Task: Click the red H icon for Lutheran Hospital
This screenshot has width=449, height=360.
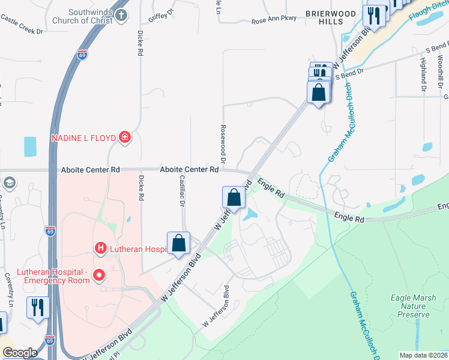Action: click(x=101, y=248)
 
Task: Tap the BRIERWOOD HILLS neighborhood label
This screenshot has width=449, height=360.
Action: click(x=325, y=17)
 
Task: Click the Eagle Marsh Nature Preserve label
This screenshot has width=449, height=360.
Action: click(x=410, y=305)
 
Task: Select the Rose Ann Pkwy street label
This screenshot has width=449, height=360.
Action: click(x=274, y=19)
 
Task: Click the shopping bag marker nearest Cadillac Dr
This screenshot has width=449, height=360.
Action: click(x=179, y=244)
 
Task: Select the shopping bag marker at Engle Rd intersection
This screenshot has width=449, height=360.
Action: click(x=234, y=197)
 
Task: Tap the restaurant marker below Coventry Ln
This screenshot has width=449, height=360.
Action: click(x=38, y=307)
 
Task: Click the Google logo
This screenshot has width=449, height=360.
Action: click(x=19, y=353)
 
